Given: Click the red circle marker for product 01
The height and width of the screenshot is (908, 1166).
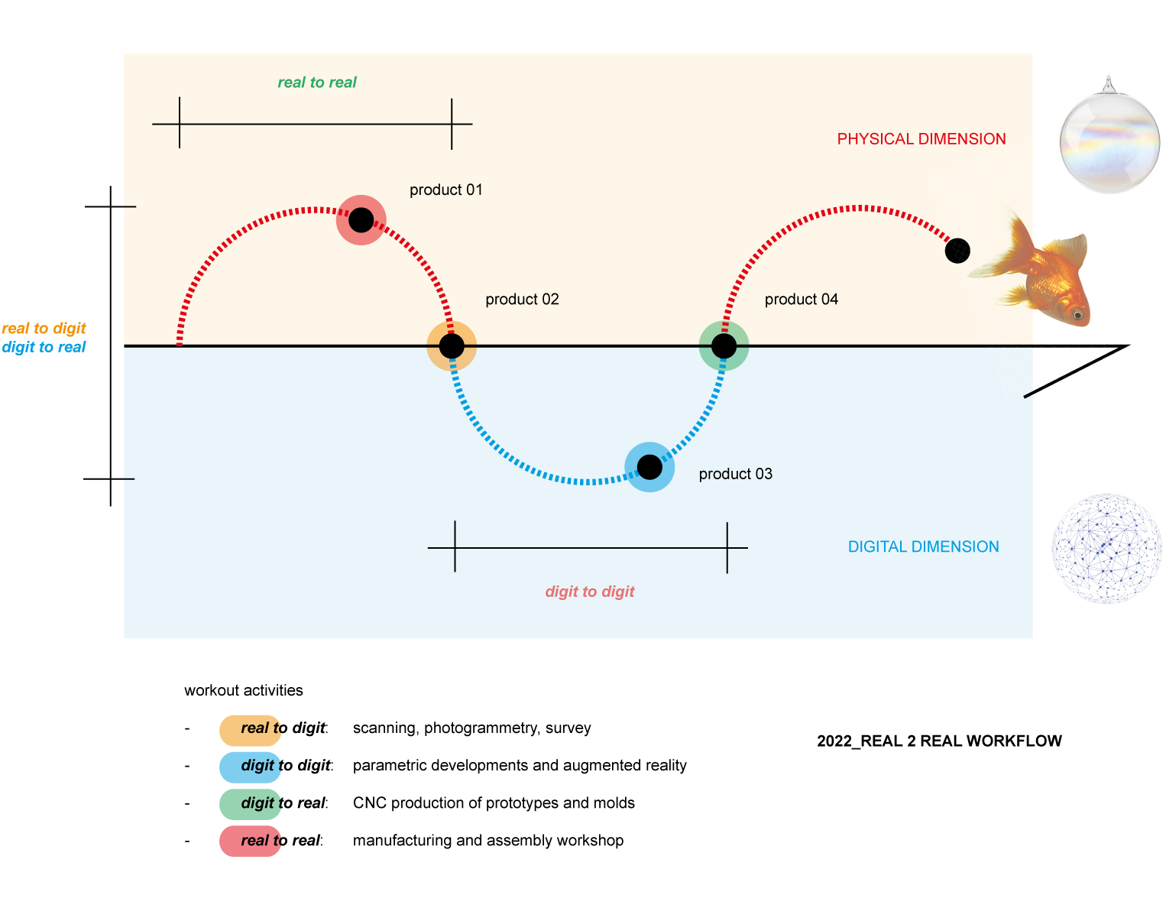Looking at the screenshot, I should tap(361, 220).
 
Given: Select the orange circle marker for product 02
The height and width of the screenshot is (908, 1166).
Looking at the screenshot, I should tap(452, 346).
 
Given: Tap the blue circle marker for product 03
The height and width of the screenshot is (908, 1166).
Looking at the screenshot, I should tap(649, 467).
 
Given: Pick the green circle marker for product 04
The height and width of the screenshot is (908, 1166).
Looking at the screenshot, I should tap(724, 346).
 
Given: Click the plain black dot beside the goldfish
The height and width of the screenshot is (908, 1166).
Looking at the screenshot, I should tap(957, 250).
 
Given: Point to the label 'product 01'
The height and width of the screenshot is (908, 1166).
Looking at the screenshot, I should tap(446, 190).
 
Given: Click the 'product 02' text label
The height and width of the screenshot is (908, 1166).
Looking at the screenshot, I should tap(522, 299).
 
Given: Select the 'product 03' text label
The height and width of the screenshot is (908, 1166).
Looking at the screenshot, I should tap(735, 474).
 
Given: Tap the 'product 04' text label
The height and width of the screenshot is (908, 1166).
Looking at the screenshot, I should tap(801, 299).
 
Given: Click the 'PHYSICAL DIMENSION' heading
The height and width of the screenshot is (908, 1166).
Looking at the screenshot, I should tap(921, 139).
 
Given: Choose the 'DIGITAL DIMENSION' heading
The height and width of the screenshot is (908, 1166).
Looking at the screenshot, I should tap(923, 546).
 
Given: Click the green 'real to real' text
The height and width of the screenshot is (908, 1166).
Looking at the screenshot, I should tap(317, 83).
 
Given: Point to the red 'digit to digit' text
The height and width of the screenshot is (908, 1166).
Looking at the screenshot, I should tap(590, 592).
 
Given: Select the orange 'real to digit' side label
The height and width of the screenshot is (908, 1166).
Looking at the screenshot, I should tap(44, 329).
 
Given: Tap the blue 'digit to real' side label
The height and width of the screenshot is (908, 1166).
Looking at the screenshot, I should tap(44, 347).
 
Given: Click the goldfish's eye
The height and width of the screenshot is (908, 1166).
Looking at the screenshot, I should tap(1077, 313).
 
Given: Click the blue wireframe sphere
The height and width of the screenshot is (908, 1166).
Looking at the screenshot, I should tap(1107, 548).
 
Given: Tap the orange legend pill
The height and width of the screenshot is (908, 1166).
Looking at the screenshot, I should tap(251, 730).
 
